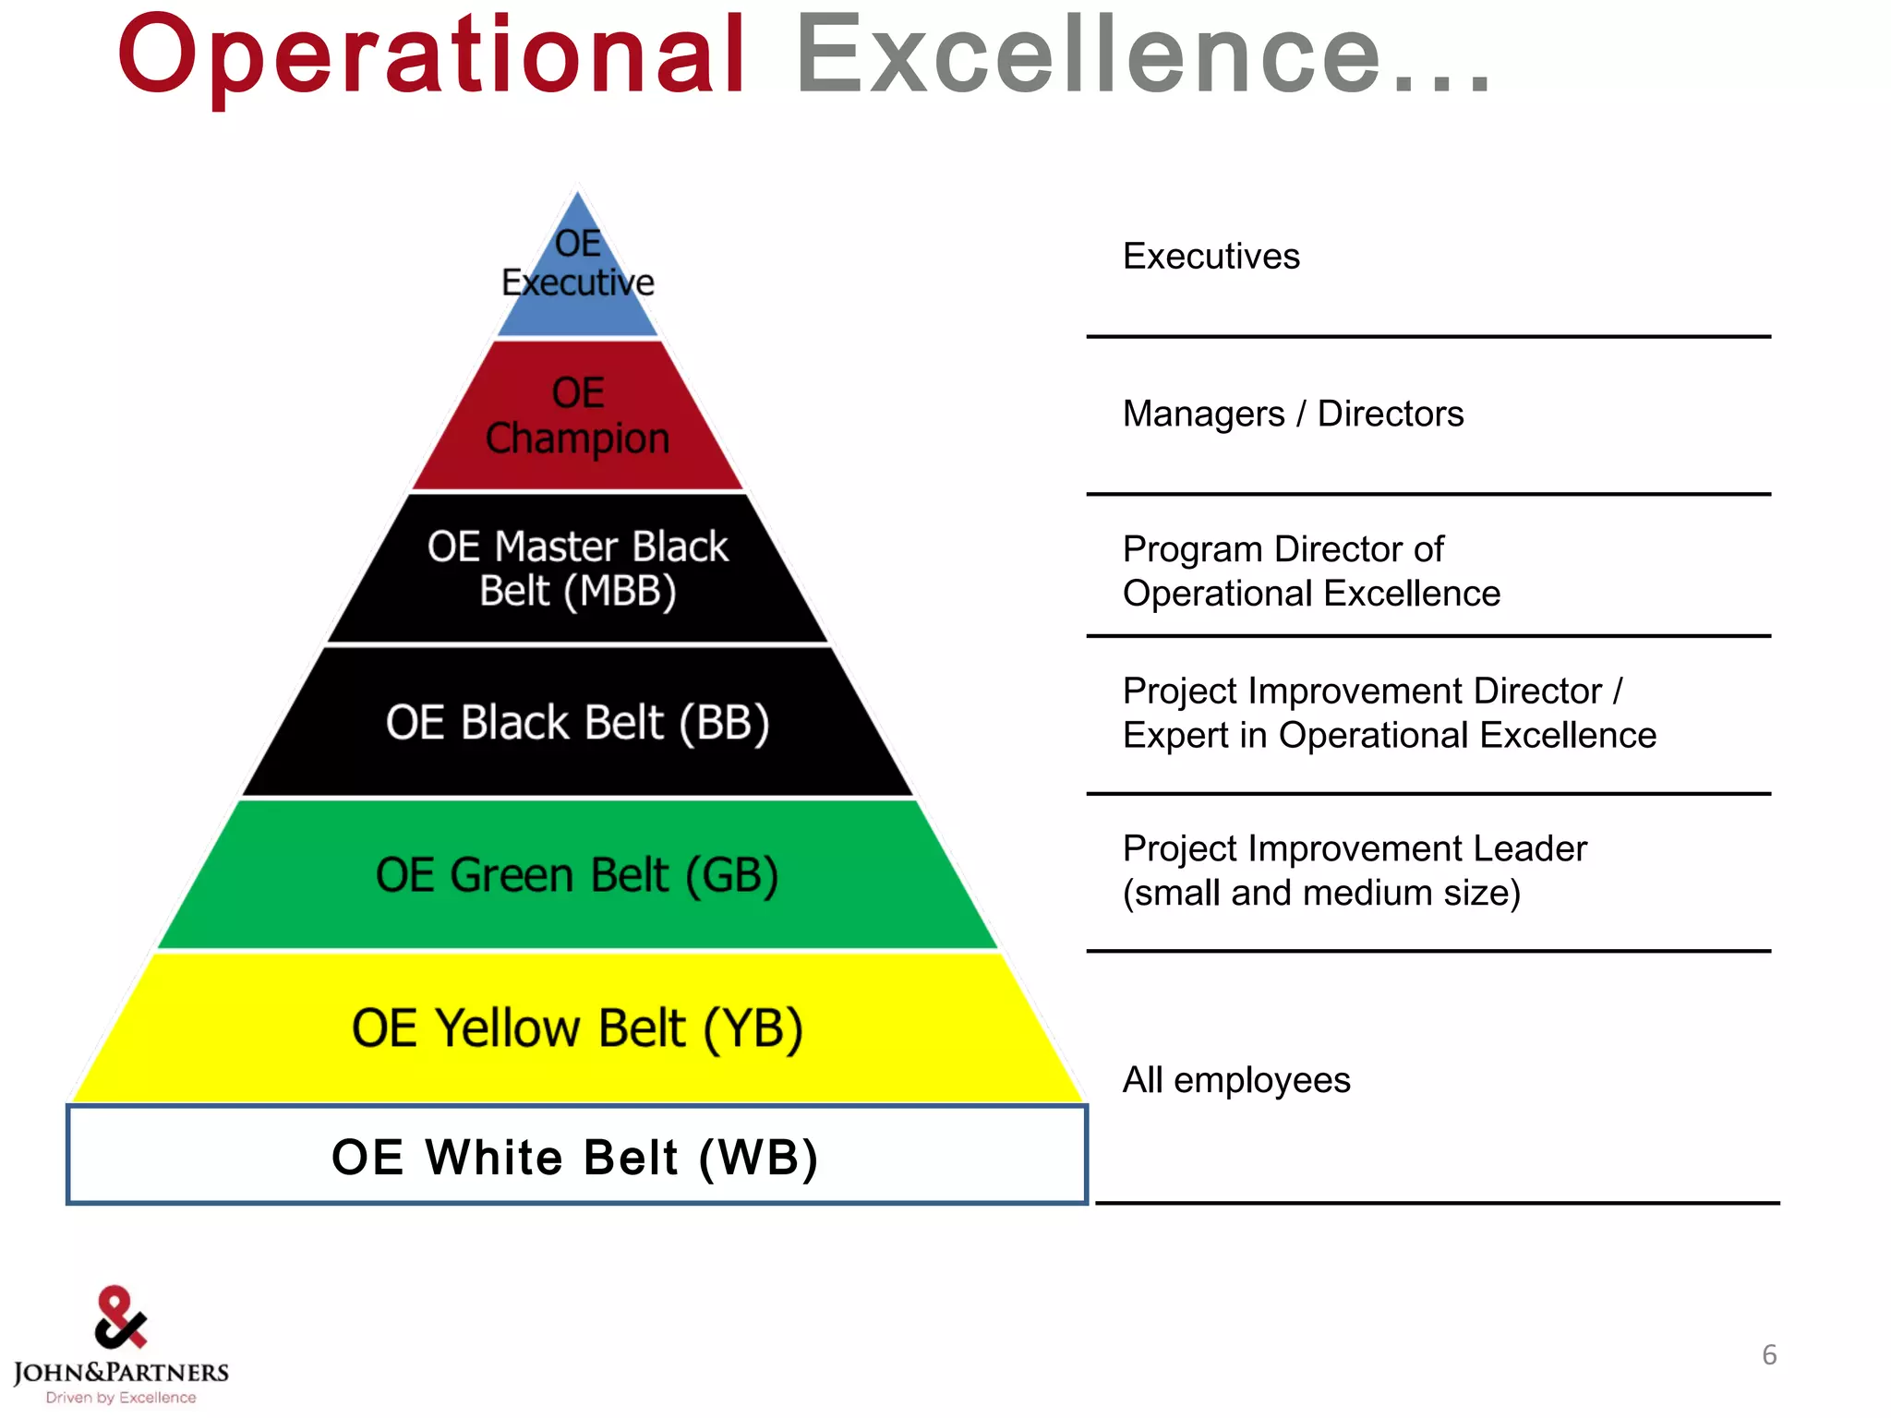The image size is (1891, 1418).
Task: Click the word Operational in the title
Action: tap(431, 57)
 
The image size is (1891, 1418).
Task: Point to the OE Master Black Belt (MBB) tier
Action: tap(578, 569)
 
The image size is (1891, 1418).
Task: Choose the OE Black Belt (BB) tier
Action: tap(578, 722)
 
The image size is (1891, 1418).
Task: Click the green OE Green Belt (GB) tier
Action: tap(578, 875)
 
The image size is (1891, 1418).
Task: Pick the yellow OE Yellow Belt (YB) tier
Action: tap(578, 1028)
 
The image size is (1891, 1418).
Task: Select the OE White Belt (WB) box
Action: tap(576, 1157)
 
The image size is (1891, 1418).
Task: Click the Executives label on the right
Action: tap(1210, 257)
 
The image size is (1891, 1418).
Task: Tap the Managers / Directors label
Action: tap(1293, 415)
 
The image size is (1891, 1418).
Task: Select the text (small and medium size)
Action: tap(1321, 894)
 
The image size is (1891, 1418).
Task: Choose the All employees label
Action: tap(1236, 1080)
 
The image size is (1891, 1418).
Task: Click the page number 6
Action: tap(1769, 1355)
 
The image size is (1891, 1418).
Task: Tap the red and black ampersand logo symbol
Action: tap(120, 1317)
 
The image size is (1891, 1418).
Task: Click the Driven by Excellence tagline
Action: tap(121, 1398)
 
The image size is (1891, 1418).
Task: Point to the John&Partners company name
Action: tap(121, 1373)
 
